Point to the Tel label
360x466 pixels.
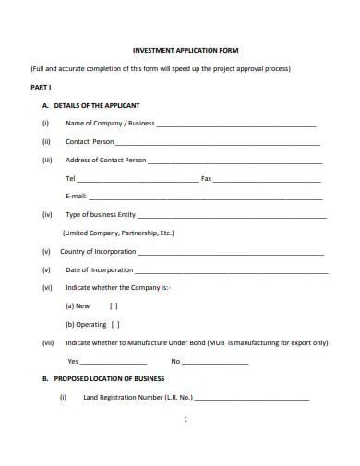70,178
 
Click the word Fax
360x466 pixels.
207,178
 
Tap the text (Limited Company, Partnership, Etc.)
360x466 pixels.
117,233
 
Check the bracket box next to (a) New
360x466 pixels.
114,305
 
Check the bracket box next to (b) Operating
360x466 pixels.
115,324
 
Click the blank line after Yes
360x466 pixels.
115,361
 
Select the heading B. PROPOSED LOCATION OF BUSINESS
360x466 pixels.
109,379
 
